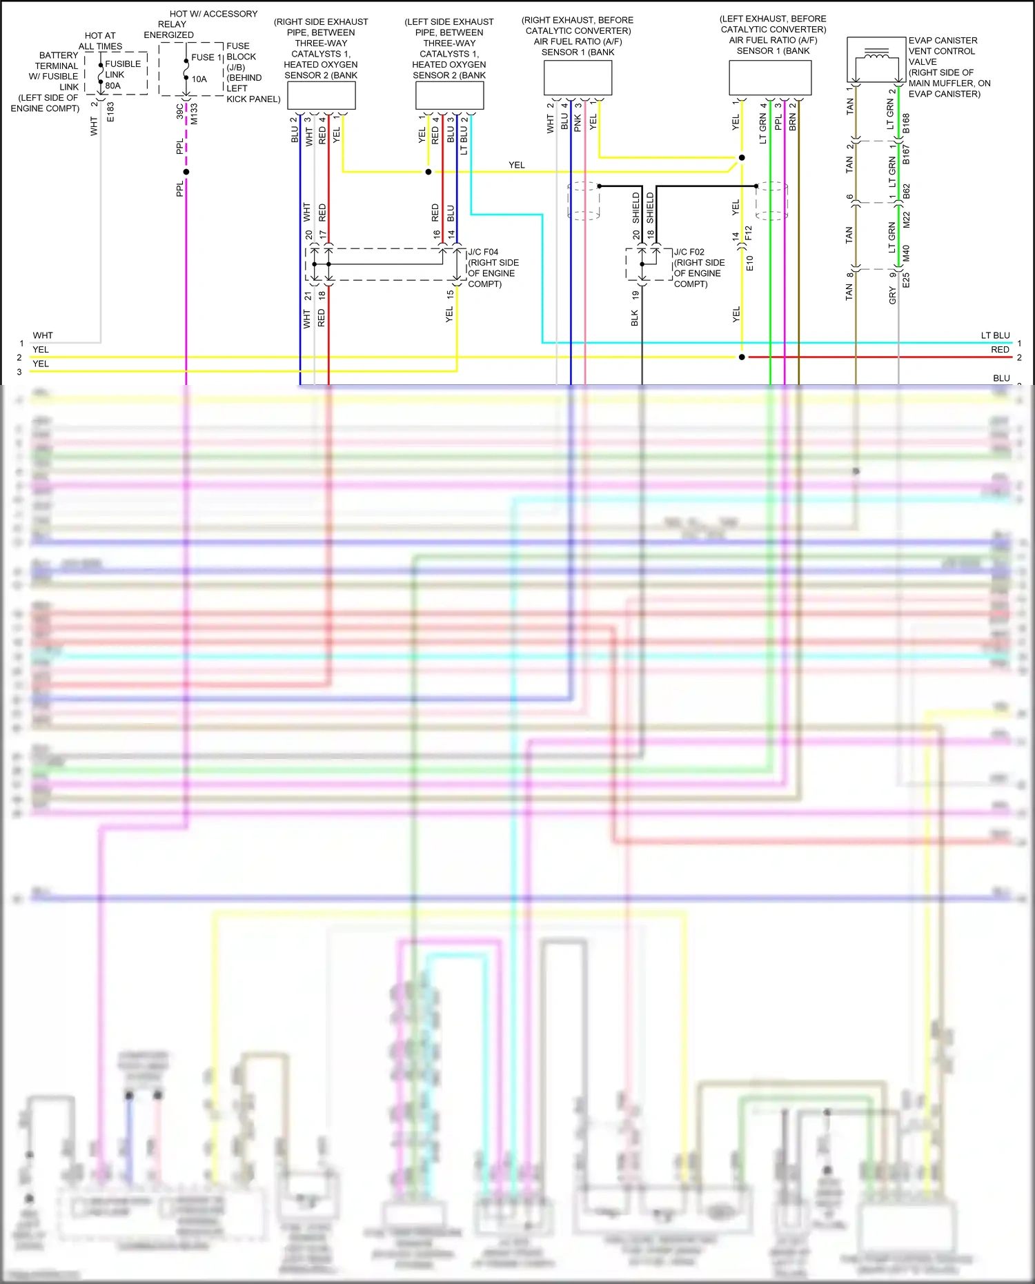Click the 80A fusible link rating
click(x=113, y=86)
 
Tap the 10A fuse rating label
click(x=199, y=79)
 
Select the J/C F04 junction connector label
click(x=483, y=253)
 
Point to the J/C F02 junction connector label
click(x=689, y=253)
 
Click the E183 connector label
click(x=110, y=112)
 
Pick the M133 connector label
click(x=195, y=114)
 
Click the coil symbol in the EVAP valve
click(x=876, y=53)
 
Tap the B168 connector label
click(x=906, y=123)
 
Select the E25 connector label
click(x=906, y=279)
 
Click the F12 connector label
click(x=749, y=233)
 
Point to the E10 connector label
click(x=750, y=263)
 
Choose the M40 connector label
click(x=906, y=253)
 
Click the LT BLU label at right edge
click(x=995, y=335)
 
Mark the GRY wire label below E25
click(x=892, y=296)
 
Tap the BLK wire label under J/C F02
click(x=635, y=318)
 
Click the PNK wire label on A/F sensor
click(x=578, y=123)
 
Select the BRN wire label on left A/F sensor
click(x=793, y=122)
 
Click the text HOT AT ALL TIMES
click(x=100, y=41)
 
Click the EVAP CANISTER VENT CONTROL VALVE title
click(x=943, y=51)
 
